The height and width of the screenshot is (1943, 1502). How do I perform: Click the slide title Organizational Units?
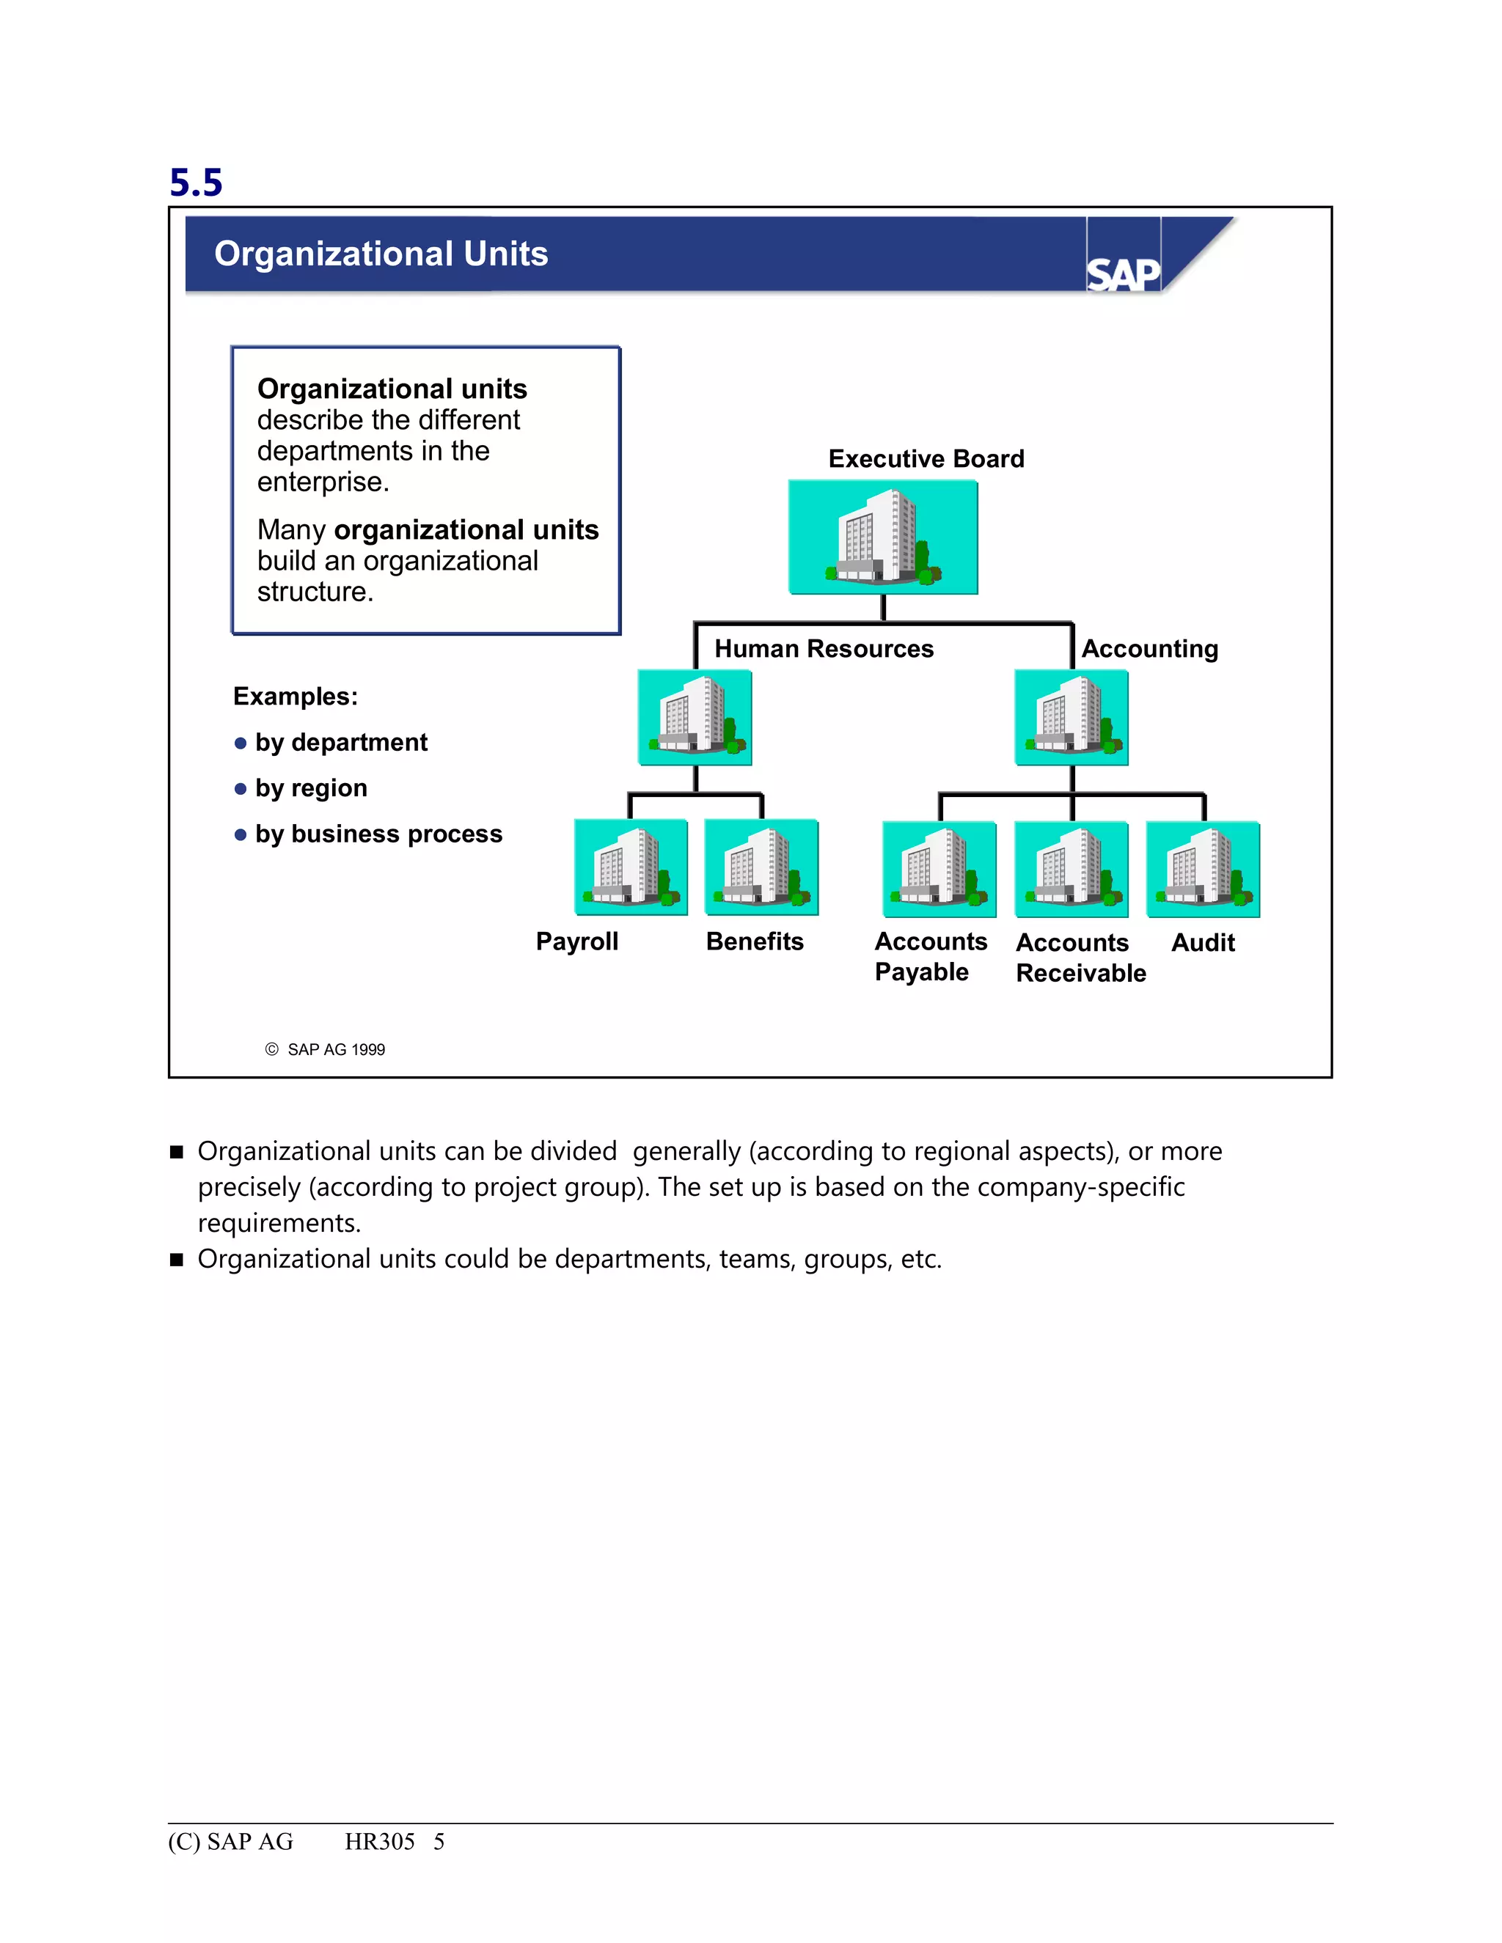click(x=381, y=254)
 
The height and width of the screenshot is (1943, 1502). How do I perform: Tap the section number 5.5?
click(x=196, y=183)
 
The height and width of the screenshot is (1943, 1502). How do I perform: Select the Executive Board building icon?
click(x=883, y=537)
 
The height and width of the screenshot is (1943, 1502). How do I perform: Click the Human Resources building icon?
click(x=695, y=717)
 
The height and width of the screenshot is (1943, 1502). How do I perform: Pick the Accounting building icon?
click(x=1071, y=717)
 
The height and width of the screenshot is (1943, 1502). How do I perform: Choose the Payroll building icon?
click(x=631, y=867)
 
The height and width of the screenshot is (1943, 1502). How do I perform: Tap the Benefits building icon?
click(x=761, y=867)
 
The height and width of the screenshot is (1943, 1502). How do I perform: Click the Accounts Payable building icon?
click(x=939, y=869)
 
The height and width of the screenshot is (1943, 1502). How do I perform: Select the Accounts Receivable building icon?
click(x=1071, y=869)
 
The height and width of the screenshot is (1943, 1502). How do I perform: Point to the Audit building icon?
click(x=1202, y=869)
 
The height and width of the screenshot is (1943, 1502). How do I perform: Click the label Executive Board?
click(x=926, y=459)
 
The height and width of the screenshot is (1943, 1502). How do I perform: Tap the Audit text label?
click(x=1203, y=943)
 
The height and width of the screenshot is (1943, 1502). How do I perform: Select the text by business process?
click(x=378, y=834)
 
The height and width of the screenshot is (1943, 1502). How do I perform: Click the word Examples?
click(x=296, y=697)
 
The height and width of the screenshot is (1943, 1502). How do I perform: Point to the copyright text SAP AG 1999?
click(x=335, y=1050)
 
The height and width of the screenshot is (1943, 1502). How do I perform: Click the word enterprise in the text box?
click(x=322, y=482)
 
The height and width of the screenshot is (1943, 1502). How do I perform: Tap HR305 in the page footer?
click(x=380, y=1842)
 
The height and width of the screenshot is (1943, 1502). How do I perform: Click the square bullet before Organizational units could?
click(x=176, y=1260)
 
